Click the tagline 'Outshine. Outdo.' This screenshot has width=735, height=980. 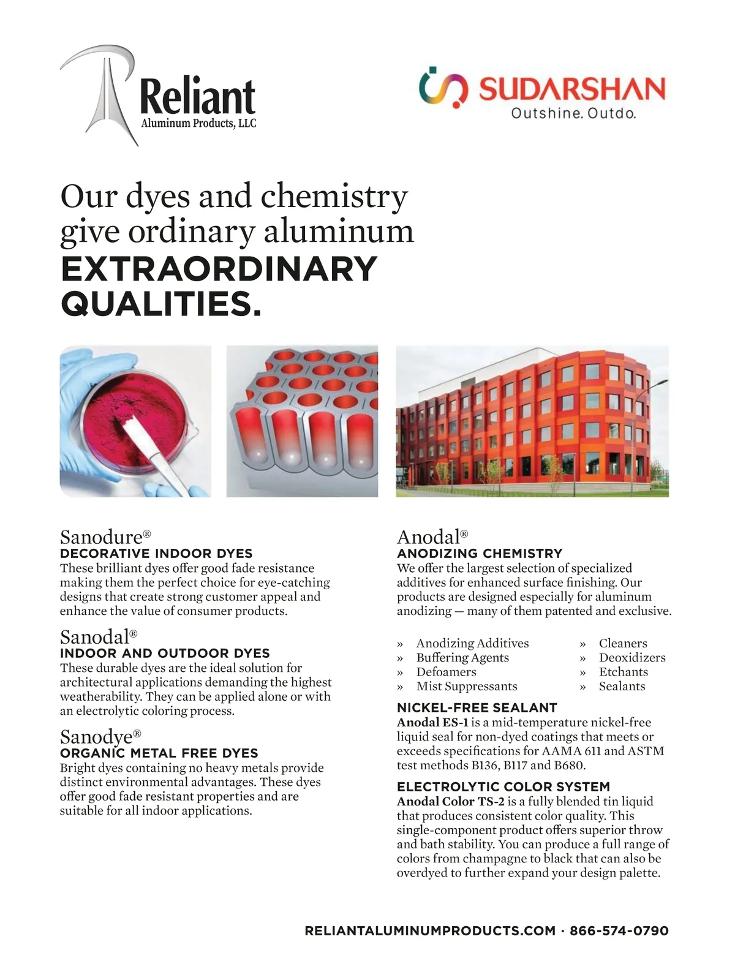point(573,113)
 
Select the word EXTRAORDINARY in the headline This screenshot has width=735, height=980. point(219,269)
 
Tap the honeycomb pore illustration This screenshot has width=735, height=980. point(302,421)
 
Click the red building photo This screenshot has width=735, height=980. point(532,421)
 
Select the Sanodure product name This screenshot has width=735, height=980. point(102,537)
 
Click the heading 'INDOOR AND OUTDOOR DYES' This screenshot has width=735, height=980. point(165,653)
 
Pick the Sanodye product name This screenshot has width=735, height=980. point(97,736)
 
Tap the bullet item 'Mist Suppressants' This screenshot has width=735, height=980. point(467,686)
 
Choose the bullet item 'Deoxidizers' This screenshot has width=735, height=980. point(632,657)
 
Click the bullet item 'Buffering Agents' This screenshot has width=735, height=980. point(462,657)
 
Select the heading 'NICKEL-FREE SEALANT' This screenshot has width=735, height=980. point(477,707)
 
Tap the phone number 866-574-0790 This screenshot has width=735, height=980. point(619,931)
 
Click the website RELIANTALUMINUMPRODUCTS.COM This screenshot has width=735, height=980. point(430,931)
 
